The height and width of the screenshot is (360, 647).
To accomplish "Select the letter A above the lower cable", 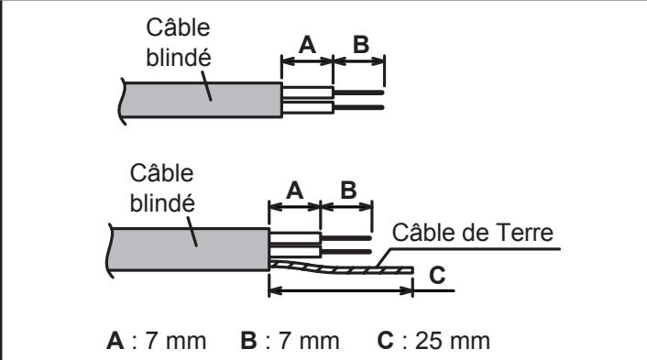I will tap(294, 191).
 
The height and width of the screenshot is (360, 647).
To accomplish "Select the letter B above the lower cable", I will tap(347, 191).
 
